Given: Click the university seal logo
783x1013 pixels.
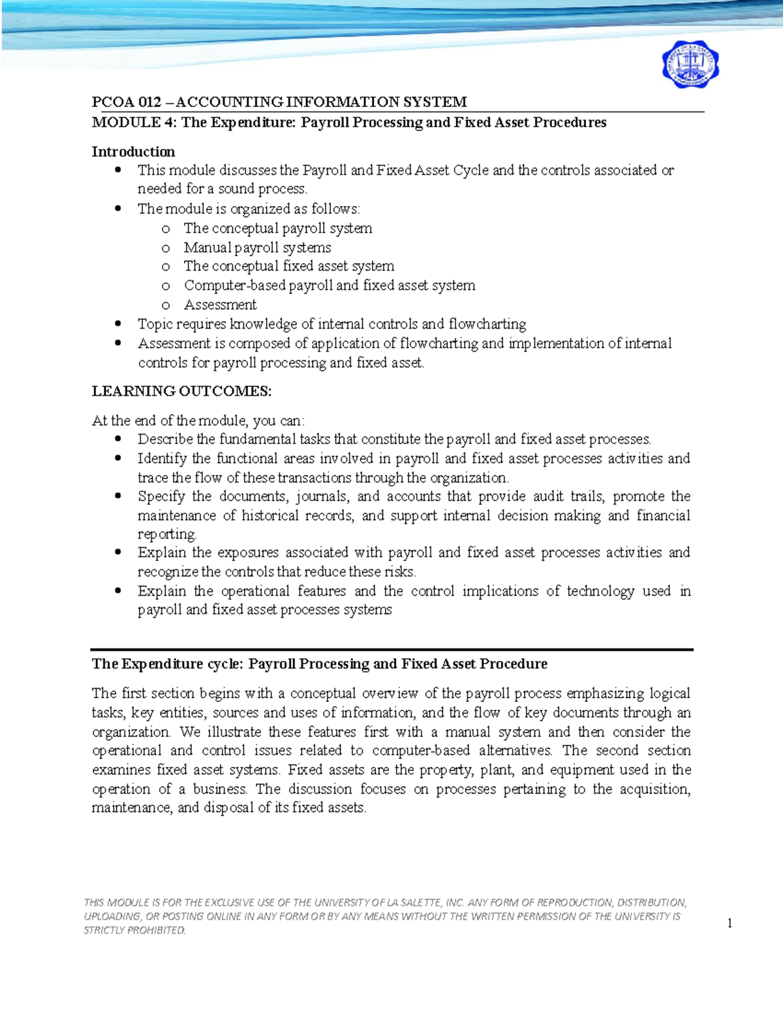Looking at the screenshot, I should pyautogui.click(x=690, y=66).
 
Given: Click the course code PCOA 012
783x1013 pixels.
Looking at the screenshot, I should pyautogui.click(x=127, y=102).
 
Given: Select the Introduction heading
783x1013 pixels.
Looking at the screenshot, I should pyautogui.click(x=133, y=152).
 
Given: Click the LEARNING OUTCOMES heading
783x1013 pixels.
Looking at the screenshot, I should pyautogui.click(x=181, y=391).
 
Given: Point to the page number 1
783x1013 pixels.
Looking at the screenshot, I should pyautogui.click(x=729, y=923).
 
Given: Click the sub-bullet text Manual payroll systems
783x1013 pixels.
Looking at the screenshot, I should pyautogui.click(x=257, y=248).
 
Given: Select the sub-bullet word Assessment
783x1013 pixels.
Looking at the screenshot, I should pyautogui.click(x=220, y=305).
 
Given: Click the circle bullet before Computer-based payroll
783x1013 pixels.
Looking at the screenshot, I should pyautogui.click(x=166, y=286).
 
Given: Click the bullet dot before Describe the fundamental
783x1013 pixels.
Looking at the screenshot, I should pyautogui.click(x=118, y=439).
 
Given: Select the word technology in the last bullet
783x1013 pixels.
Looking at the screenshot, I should pyautogui.click(x=600, y=591).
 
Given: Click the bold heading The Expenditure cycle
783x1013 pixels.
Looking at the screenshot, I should pyautogui.click(x=167, y=664).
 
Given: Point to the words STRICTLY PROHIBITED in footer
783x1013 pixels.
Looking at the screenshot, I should pyautogui.click(x=134, y=931).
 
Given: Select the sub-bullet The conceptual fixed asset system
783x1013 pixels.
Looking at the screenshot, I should pyautogui.click(x=288, y=266).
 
